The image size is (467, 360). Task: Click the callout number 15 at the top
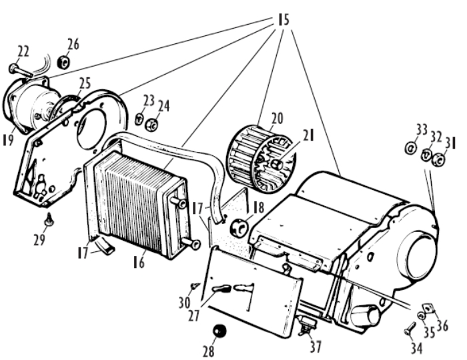point(284,20)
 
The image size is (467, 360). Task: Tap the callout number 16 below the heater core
point(139,262)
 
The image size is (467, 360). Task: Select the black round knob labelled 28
point(219,331)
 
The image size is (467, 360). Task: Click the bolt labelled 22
point(20,70)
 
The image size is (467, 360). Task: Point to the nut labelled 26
point(63,62)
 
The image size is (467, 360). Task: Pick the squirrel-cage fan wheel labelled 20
point(262,159)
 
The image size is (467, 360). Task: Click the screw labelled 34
point(410,328)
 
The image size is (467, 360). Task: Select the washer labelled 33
point(411,148)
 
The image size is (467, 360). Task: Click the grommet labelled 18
point(239,228)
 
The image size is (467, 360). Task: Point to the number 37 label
point(316,347)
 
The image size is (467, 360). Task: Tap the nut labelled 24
point(151,125)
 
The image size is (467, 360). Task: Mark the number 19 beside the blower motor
point(8,139)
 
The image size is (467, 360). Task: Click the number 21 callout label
point(308,136)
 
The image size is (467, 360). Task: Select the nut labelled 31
point(438,160)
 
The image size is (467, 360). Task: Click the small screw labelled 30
point(194,286)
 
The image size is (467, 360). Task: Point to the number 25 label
point(85,83)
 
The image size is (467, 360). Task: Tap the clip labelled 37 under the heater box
point(307,325)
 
